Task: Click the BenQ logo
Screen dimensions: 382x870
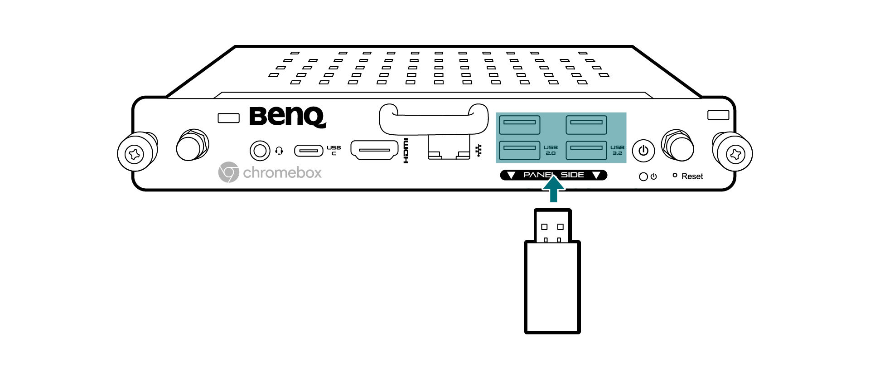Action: pyautogui.click(x=287, y=117)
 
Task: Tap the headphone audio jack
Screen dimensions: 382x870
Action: pyautogui.click(x=260, y=150)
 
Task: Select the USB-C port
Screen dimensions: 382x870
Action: pyautogui.click(x=309, y=150)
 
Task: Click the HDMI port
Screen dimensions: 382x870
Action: pyautogui.click(x=374, y=150)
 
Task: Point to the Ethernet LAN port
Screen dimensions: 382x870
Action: pyautogui.click(x=449, y=148)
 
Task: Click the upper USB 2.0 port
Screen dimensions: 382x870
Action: pyautogui.click(x=519, y=124)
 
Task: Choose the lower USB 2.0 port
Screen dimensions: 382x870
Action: pyautogui.click(x=519, y=150)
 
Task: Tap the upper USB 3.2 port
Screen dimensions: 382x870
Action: pyautogui.click(x=586, y=124)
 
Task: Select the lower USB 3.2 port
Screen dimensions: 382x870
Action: pyautogui.click(x=586, y=150)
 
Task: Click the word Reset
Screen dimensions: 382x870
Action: pyautogui.click(x=692, y=176)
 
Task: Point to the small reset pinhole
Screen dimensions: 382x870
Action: pyautogui.click(x=675, y=175)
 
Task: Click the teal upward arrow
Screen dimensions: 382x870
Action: pyautogui.click(x=553, y=188)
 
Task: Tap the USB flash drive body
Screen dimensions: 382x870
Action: pyautogui.click(x=552, y=287)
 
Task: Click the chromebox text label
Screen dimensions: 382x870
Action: pyautogui.click(x=282, y=173)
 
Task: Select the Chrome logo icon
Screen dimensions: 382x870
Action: pyautogui.click(x=228, y=172)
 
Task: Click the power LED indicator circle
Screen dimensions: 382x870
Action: pyautogui.click(x=643, y=176)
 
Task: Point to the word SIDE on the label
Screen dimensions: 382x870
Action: pyautogui.click(x=572, y=175)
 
